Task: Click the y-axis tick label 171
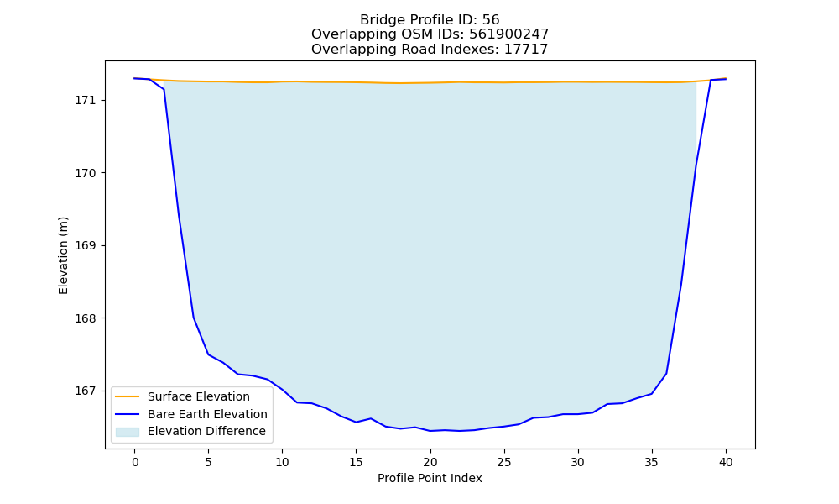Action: [85, 101]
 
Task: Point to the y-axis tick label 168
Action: [85, 318]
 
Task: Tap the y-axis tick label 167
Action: [85, 391]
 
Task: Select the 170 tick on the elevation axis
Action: [85, 174]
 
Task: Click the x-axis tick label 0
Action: [135, 462]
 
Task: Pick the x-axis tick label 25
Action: [504, 462]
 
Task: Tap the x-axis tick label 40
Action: [726, 462]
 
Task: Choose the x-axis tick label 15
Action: [357, 462]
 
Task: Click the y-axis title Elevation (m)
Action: [63, 255]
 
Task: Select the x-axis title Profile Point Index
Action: [430, 478]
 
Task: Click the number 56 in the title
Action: [491, 20]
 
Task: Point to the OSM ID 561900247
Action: [509, 34]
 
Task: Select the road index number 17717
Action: [526, 50]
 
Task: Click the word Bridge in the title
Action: [381, 20]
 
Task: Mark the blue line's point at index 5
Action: [209, 354]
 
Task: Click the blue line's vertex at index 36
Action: [666, 373]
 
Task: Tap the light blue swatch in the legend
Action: [128, 432]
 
